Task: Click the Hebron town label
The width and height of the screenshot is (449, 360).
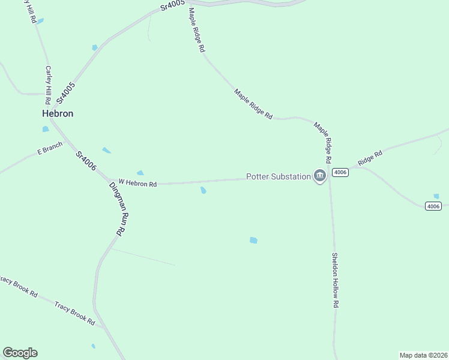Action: tap(58, 113)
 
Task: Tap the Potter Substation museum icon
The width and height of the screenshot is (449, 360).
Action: tap(319, 176)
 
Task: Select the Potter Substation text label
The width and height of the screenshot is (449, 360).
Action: tap(279, 176)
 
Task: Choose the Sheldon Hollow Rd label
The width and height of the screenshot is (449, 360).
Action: tap(335, 280)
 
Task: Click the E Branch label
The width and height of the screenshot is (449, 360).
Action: tap(50, 148)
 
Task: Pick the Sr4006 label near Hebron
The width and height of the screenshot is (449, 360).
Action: tap(86, 161)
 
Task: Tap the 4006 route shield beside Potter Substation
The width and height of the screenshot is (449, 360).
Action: tap(340, 173)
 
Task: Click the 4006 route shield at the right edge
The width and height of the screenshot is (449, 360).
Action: tap(433, 206)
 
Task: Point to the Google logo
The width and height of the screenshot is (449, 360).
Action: tap(20, 353)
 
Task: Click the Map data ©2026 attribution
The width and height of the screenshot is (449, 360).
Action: tap(423, 355)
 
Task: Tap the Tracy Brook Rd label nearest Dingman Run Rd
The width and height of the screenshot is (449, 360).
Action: tap(75, 314)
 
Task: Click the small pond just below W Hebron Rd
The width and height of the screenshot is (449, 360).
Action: tap(203, 191)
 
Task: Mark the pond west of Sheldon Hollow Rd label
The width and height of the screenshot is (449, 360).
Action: tap(253, 241)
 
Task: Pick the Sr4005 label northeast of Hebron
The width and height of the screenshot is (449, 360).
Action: tap(66, 93)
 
